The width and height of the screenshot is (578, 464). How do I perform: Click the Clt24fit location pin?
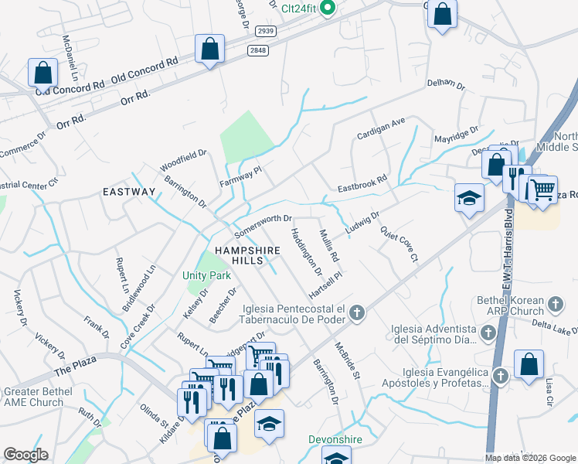[x=327, y=9]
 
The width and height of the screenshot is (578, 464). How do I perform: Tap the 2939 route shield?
[x=265, y=30]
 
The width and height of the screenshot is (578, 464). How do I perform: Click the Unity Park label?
[x=206, y=275]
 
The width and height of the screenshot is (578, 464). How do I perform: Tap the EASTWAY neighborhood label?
[x=129, y=191]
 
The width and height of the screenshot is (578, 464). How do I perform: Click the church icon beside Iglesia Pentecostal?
[x=356, y=313]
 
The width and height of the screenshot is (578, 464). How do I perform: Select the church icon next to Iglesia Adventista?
[x=488, y=333]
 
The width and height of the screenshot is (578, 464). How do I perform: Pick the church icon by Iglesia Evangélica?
[x=500, y=376]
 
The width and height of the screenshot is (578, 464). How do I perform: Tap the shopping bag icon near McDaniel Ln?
[x=43, y=73]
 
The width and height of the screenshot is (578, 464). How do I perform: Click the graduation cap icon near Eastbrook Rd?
[x=469, y=198]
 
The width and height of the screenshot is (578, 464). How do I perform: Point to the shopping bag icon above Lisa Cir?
[x=529, y=364]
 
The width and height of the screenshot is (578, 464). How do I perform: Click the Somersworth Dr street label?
[x=263, y=225]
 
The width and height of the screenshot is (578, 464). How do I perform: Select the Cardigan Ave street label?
[x=380, y=128]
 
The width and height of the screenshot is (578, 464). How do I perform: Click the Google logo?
[x=26, y=454]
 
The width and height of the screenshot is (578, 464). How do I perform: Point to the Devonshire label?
[x=335, y=439]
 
